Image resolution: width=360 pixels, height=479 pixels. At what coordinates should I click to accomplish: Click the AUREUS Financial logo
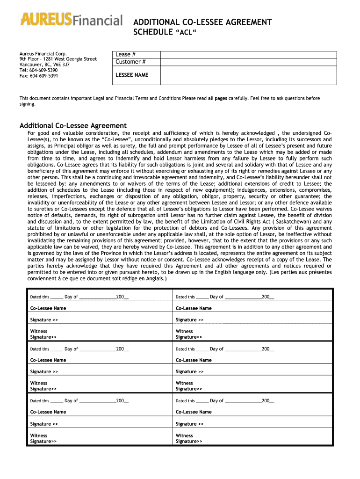tap(71, 20)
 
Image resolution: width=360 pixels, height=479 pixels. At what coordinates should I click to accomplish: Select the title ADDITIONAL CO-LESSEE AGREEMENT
tap(202, 22)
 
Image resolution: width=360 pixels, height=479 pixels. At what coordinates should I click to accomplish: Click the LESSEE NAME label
tap(131, 75)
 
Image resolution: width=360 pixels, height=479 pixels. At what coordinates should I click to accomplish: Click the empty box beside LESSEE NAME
tap(248, 75)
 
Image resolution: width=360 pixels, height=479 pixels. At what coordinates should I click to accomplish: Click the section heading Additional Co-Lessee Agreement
tap(73, 125)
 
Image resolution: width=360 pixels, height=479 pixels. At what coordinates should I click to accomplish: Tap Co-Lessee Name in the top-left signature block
tap(48, 308)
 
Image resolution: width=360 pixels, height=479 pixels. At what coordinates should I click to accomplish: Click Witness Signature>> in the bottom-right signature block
tap(189, 438)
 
